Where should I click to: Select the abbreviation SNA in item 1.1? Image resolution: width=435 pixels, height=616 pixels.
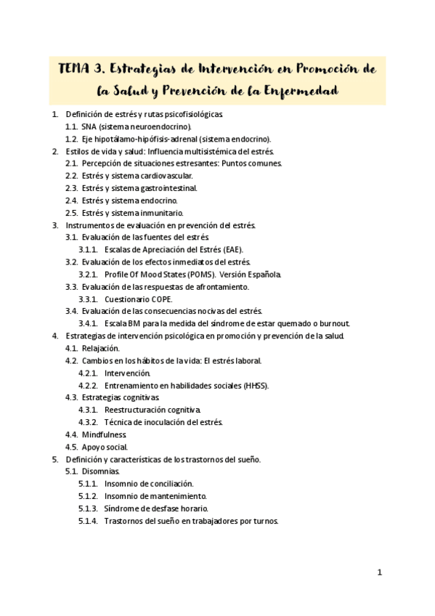click(x=89, y=126)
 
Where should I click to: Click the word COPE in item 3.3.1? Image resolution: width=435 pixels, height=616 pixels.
click(x=160, y=299)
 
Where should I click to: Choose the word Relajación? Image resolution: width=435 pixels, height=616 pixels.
click(x=99, y=349)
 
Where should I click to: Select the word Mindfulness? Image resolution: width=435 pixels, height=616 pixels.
click(x=104, y=434)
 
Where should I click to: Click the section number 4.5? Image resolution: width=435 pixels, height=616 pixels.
click(x=71, y=447)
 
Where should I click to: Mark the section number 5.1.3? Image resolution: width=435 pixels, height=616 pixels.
click(x=89, y=508)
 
